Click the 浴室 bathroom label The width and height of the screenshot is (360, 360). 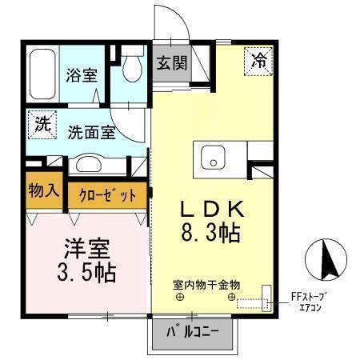pos(81,76)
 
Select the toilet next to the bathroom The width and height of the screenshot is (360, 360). pos(129,73)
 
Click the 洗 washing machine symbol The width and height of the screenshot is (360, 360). pos(40,124)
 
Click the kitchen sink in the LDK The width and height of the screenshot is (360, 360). pos(214,158)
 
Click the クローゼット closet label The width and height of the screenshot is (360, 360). pos(107,195)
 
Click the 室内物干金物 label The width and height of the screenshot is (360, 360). pos(206,284)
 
